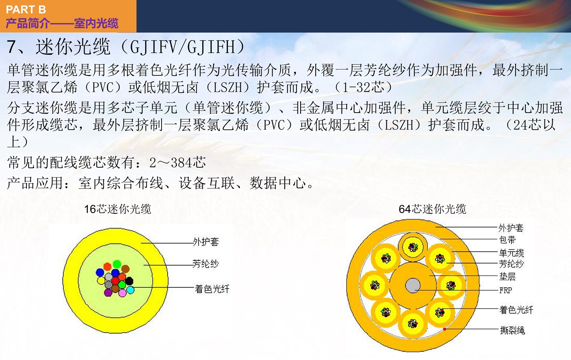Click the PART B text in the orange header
coord(26,10)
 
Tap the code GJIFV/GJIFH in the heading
coord(183,47)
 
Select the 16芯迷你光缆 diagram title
coord(117,209)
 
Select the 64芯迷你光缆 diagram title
coord(432,209)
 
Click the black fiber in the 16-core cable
coord(129,281)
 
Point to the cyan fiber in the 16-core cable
coord(130,290)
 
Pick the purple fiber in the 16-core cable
coord(108,292)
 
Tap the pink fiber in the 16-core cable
coord(122,293)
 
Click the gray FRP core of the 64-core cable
coord(413,285)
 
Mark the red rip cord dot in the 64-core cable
coord(445,329)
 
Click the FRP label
coord(505,290)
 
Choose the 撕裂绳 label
coord(512,330)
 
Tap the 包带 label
coord(507,240)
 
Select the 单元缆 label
coord(511,253)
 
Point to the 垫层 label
coord(507,277)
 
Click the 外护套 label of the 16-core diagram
coord(206,242)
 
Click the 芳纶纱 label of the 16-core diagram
coord(206,264)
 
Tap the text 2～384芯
coord(177,162)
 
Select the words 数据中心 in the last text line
coord(278,183)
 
